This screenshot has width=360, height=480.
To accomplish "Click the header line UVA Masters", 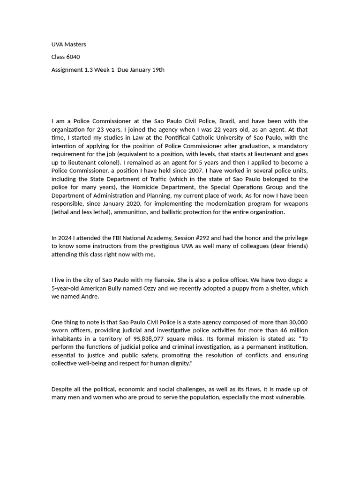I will pos(68,45).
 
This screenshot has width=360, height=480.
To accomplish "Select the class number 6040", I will pos(73,57).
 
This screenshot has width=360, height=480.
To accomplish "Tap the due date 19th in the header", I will pos(158,70).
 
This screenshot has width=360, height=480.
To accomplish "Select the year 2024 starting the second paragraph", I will pos(65,238).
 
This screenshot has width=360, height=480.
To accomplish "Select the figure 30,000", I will pos(296,322).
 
